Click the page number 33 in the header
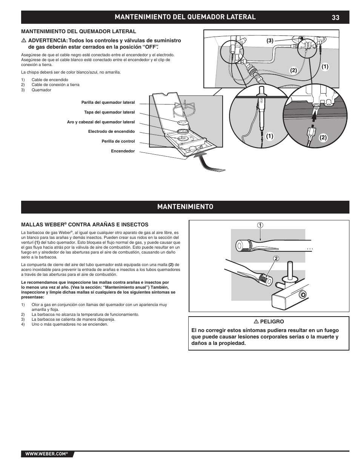336,17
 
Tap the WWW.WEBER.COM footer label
46,454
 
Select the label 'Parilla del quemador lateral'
108,103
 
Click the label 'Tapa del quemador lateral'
109,112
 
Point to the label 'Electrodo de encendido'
111,132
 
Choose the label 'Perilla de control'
118,141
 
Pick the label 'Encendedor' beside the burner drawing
123,151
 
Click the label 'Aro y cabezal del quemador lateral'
101,122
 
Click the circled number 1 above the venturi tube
260,225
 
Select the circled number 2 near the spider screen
276,258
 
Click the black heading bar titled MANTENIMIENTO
185,207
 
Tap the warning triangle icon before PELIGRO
255,321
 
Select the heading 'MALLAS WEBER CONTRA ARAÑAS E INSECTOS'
85,225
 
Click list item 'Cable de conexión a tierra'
55,85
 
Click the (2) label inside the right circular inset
323,138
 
